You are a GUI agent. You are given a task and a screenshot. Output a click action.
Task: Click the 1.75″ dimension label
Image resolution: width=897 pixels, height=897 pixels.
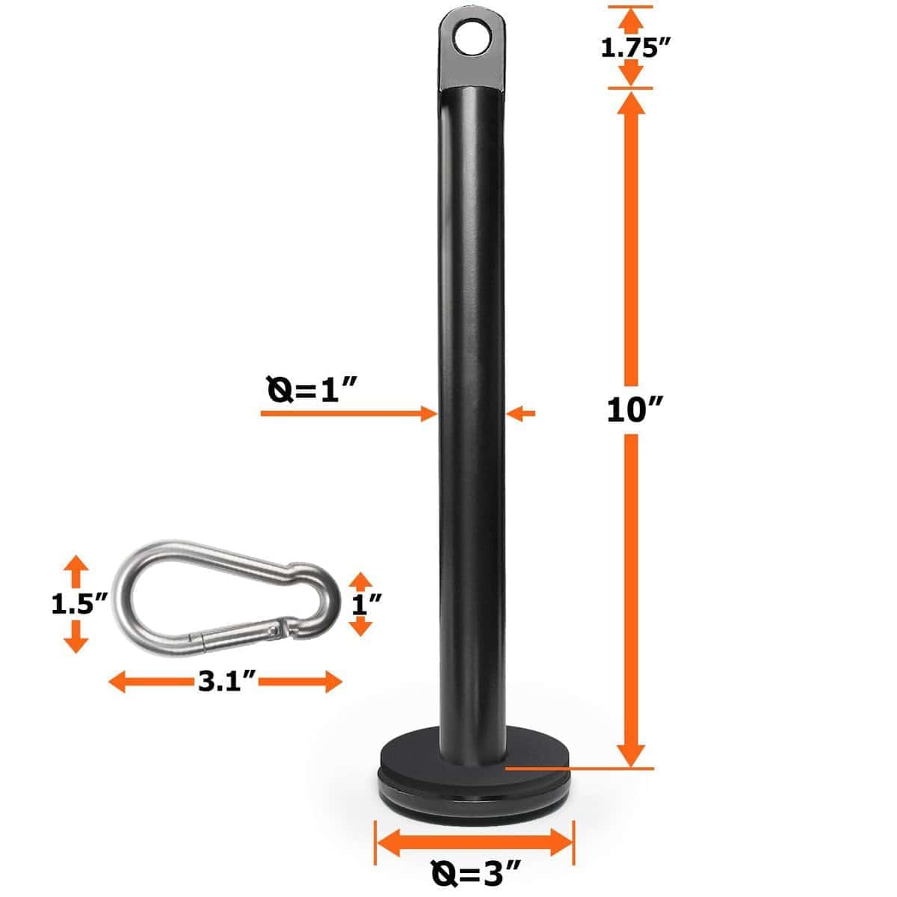tap(634, 47)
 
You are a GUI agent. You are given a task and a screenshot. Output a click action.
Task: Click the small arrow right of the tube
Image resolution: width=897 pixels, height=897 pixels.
tap(523, 411)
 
